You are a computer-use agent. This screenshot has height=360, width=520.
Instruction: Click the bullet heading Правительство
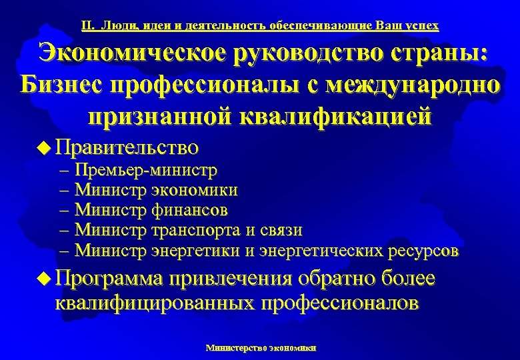pos(127,145)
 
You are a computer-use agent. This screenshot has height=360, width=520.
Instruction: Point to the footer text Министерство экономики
pos(261,347)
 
